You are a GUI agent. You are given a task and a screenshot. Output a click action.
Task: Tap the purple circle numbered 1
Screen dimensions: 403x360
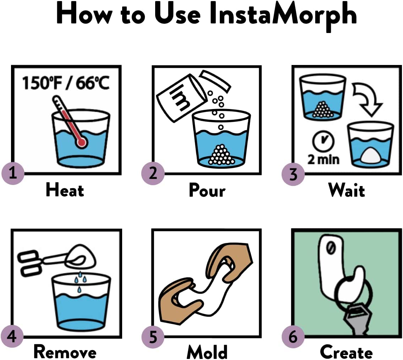[x=13, y=173]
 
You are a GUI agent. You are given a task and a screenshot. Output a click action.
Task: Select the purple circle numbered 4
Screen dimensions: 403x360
[x=12, y=336]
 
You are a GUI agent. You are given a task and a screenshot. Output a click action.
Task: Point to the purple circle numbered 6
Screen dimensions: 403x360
[x=293, y=337]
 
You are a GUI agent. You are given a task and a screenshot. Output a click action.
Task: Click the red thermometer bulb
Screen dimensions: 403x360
[x=81, y=142]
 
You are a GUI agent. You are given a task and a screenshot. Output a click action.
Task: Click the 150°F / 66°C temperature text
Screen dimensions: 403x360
[x=66, y=83]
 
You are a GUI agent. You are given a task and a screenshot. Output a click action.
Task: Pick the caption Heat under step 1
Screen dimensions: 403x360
[x=65, y=190]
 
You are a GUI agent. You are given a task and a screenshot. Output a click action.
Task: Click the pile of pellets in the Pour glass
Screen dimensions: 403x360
[x=221, y=155]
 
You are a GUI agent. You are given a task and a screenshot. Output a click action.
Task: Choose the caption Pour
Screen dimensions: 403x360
[x=207, y=190]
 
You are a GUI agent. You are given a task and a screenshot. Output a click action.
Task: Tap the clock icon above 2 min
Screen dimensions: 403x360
[x=323, y=141]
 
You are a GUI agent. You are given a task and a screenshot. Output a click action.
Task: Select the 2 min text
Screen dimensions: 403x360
[x=323, y=159]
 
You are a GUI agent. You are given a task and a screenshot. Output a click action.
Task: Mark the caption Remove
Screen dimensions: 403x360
[x=65, y=352]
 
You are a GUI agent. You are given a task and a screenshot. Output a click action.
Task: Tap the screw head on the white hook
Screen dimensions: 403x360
[x=331, y=248]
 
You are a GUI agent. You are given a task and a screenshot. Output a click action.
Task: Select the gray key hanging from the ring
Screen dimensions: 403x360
[x=358, y=318]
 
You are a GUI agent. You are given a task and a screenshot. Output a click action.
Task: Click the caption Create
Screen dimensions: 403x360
[x=346, y=352]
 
